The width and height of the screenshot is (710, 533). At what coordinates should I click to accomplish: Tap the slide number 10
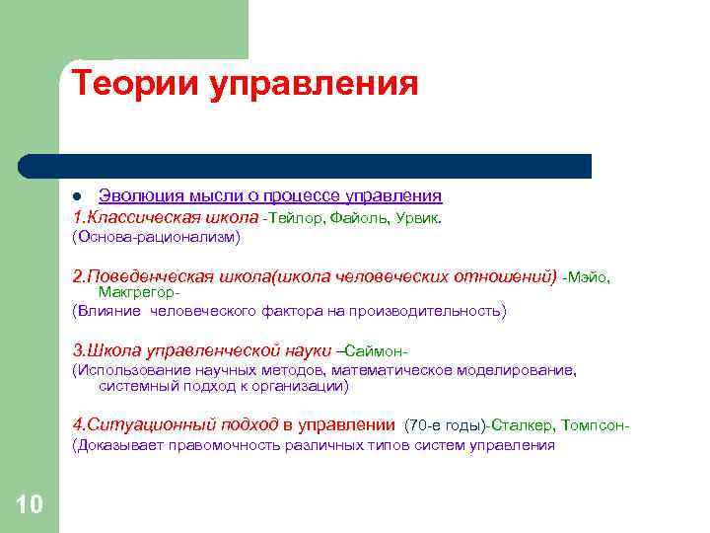pyautogui.click(x=30, y=505)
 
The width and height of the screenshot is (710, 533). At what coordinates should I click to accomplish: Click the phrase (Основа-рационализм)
pyautogui.click(x=155, y=238)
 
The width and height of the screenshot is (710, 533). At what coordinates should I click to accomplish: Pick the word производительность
pyautogui.click(x=431, y=312)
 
